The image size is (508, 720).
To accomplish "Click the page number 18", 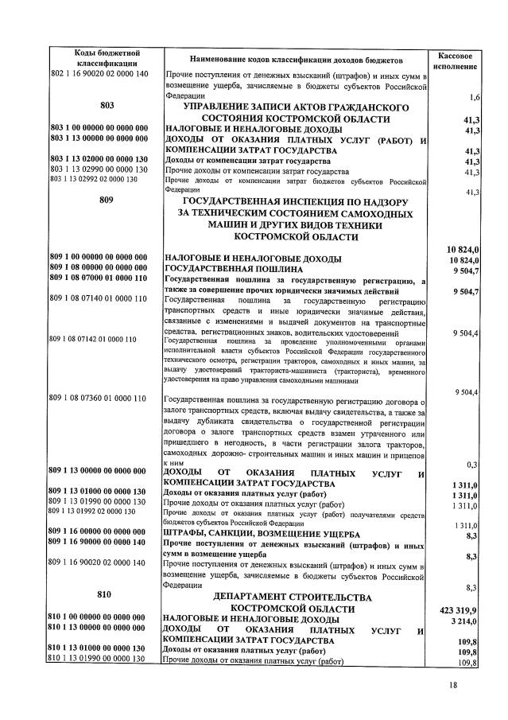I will click(453, 685).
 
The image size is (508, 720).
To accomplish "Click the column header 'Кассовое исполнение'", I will click(456, 61).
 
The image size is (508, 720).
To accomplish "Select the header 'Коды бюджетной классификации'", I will click(108, 57).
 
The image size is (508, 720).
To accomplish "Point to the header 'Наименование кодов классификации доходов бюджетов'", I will click(296, 60).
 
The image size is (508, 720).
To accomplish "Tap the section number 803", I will click(108, 105).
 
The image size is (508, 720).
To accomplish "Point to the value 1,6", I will click(472, 97).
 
